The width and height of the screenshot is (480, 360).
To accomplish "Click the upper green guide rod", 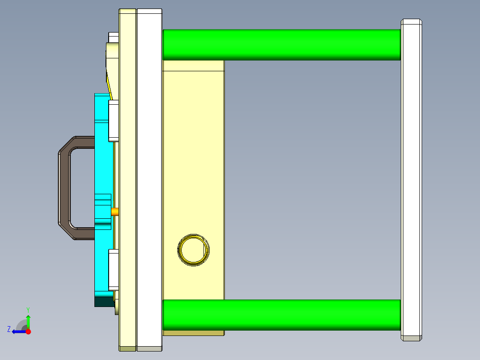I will pos(281,45).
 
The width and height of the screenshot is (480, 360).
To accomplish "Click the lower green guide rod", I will pos(281,315).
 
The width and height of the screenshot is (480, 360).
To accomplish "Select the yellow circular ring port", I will pos(193,250).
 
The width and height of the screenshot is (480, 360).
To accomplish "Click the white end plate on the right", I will pos(411,178).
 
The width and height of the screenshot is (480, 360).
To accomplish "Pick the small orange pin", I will pos(115,212).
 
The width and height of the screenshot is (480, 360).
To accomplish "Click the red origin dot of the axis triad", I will pos(28,331).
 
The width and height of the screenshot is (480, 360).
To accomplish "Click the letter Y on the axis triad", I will pos(28,309).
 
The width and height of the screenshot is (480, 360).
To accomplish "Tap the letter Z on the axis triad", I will pos(9,329).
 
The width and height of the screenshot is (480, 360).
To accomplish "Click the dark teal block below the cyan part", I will pos(103,302).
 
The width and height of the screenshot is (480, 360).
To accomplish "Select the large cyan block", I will pos(102,169).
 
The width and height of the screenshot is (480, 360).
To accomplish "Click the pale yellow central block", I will pos(193,178).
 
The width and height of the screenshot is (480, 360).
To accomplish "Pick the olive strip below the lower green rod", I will pos(193,333).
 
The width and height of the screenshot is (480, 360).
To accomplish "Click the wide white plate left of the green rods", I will pos(149,178).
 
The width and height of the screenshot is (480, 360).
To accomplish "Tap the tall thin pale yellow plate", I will pos(127,178).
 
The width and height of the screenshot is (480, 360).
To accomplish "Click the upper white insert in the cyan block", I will pos(114,119).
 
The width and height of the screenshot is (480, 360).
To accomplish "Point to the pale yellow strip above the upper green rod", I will pos(193,65).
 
